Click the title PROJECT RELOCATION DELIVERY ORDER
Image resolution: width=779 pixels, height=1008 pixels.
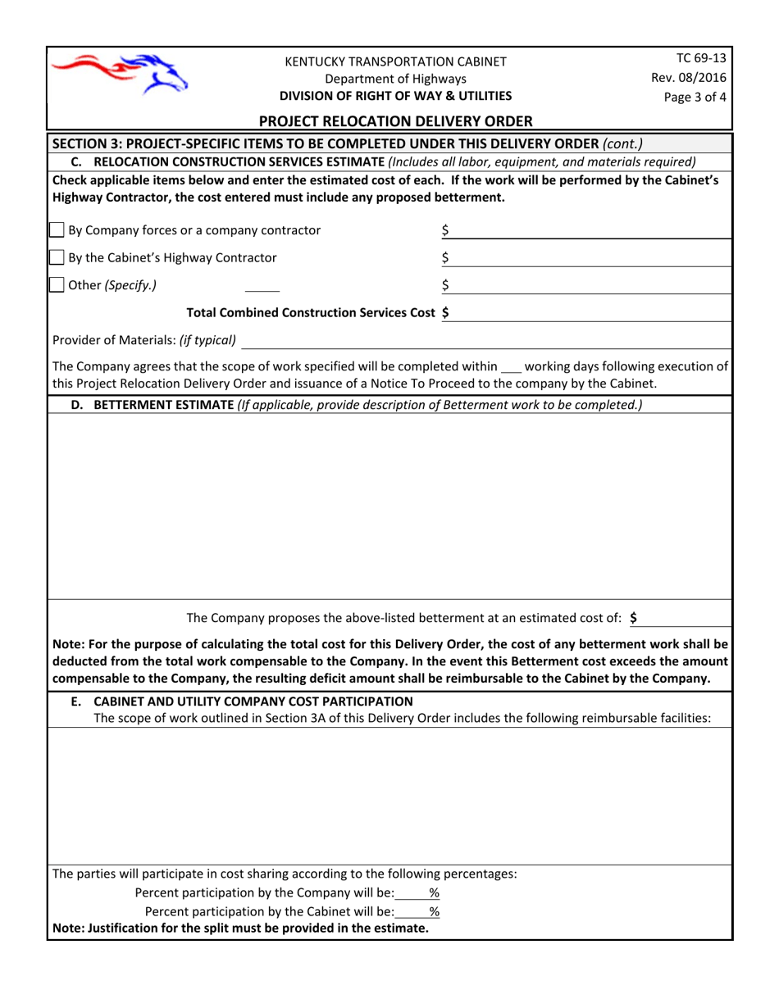point(396,121)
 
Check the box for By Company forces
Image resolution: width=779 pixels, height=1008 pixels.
point(57,230)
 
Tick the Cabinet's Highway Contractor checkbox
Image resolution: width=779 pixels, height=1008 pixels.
point(57,258)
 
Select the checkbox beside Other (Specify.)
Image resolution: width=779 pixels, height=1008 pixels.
point(57,285)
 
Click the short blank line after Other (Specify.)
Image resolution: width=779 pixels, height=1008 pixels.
point(262,287)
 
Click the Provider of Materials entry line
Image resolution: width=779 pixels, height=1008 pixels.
point(484,340)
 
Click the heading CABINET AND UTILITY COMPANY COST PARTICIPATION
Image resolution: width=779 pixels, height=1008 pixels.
point(253,702)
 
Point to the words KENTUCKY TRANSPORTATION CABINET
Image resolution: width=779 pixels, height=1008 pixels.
point(395,61)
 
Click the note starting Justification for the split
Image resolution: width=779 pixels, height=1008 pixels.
point(240,929)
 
